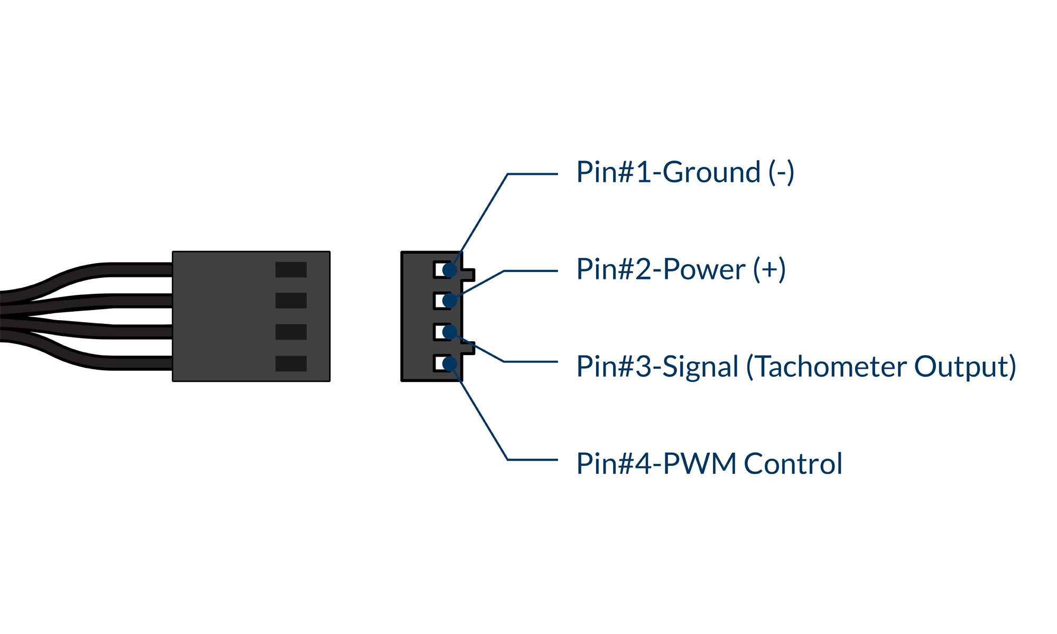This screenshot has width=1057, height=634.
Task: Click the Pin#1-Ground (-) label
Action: tap(685, 172)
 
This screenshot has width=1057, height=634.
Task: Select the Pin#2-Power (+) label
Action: tap(681, 269)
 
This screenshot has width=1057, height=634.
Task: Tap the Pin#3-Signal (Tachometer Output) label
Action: tap(796, 367)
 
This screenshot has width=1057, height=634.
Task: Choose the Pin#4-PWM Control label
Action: tap(709, 464)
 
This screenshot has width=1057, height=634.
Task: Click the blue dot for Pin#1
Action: tap(450, 271)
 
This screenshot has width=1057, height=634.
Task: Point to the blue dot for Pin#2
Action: tap(450, 301)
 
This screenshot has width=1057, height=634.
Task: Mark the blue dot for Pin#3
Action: tap(450, 332)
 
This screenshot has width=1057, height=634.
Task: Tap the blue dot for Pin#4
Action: tap(450, 363)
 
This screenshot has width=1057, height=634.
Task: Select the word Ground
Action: tap(711, 172)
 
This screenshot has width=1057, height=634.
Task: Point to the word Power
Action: tap(704, 269)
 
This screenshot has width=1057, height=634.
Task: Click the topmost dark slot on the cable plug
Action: tap(291, 269)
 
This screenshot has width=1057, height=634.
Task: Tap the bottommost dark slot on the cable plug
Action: tap(291, 363)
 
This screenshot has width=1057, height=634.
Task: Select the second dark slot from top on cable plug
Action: tap(291, 301)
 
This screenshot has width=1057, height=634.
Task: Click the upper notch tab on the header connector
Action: tap(468, 275)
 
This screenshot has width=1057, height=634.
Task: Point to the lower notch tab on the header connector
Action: tap(468, 348)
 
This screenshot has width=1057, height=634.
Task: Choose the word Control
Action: tap(793, 464)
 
